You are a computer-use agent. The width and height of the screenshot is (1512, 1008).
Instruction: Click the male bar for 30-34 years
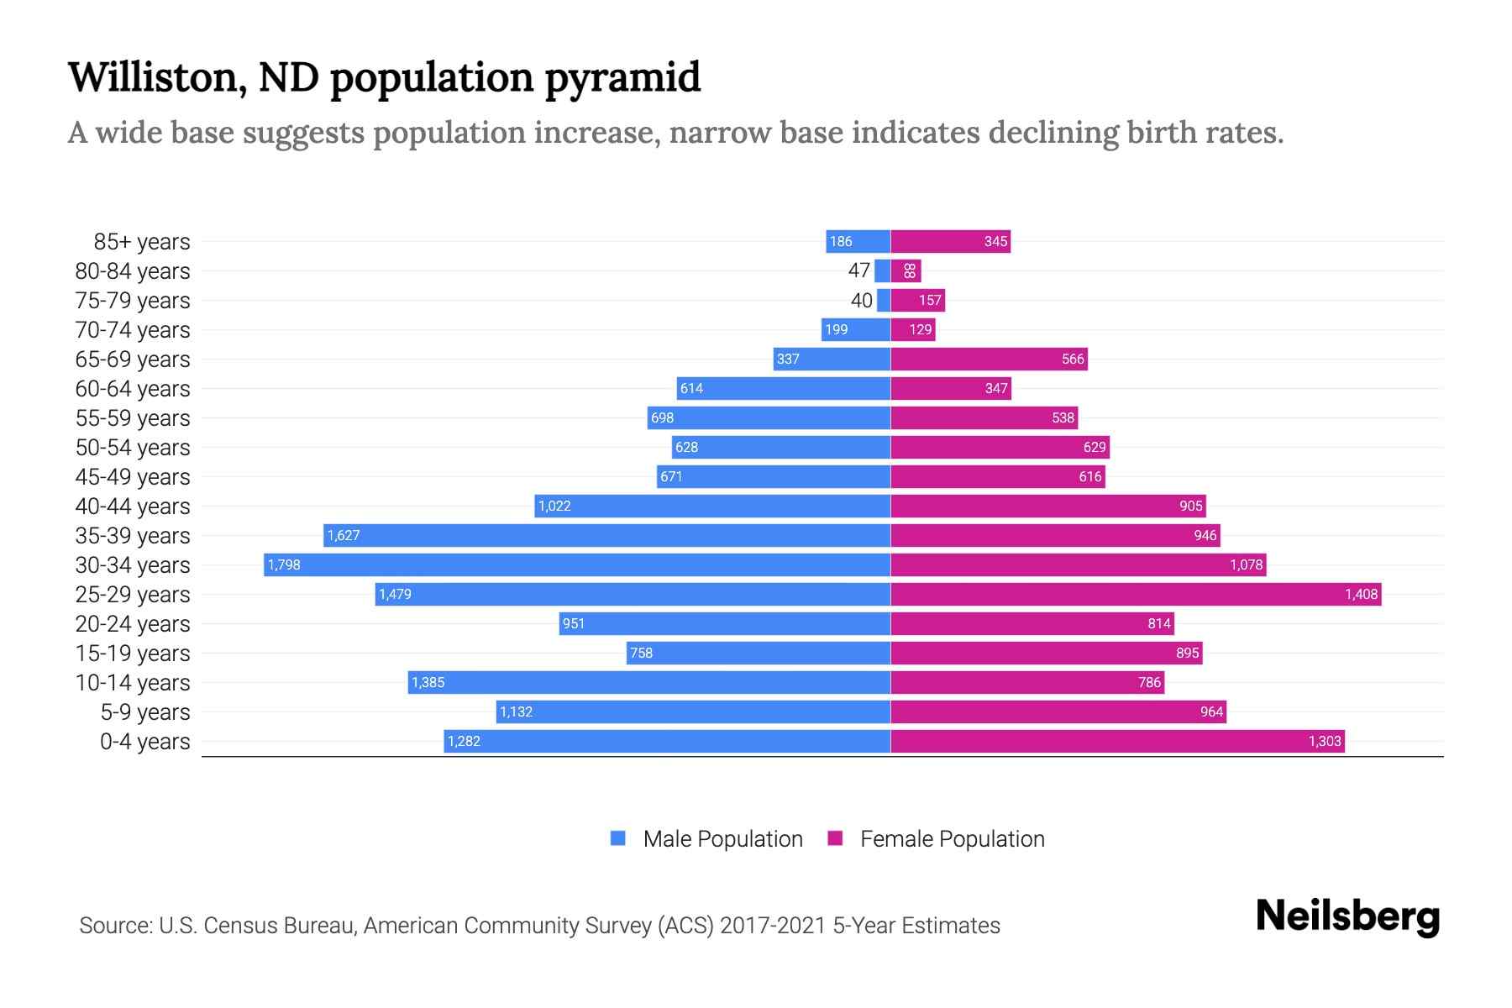coord(577,564)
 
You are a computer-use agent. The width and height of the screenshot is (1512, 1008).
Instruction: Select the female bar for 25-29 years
coord(1136,594)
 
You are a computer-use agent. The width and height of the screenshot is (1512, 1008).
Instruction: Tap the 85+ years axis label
coord(141,242)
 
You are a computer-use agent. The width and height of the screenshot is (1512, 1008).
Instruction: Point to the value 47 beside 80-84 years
coord(858,270)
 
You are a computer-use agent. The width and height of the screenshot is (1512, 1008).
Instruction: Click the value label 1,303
coord(1324,741)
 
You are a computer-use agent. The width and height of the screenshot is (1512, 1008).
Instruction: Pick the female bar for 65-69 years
coord(989,359)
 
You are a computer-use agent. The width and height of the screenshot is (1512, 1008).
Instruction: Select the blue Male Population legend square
coord(618,838)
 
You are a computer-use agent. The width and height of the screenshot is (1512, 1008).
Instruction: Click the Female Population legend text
coord(952,838)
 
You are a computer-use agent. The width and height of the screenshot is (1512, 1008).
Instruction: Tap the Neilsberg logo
coord(1347,916)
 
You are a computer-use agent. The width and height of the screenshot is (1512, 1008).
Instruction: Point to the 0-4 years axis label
coord(144,742)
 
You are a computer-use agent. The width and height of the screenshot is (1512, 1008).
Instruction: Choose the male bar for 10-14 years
coord(649,682)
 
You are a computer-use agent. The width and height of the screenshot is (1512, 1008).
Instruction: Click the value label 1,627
coord(343,535)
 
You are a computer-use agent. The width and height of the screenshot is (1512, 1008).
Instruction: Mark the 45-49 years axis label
coord(133,477)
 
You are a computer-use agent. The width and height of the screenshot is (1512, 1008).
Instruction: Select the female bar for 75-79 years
coord(917,300)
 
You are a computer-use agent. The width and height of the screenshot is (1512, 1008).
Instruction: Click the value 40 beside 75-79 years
coord(861,300)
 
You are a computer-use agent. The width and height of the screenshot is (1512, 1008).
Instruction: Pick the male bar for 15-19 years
coord(758,653)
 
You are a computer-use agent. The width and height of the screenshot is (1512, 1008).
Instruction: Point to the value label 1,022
coord(554,506)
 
